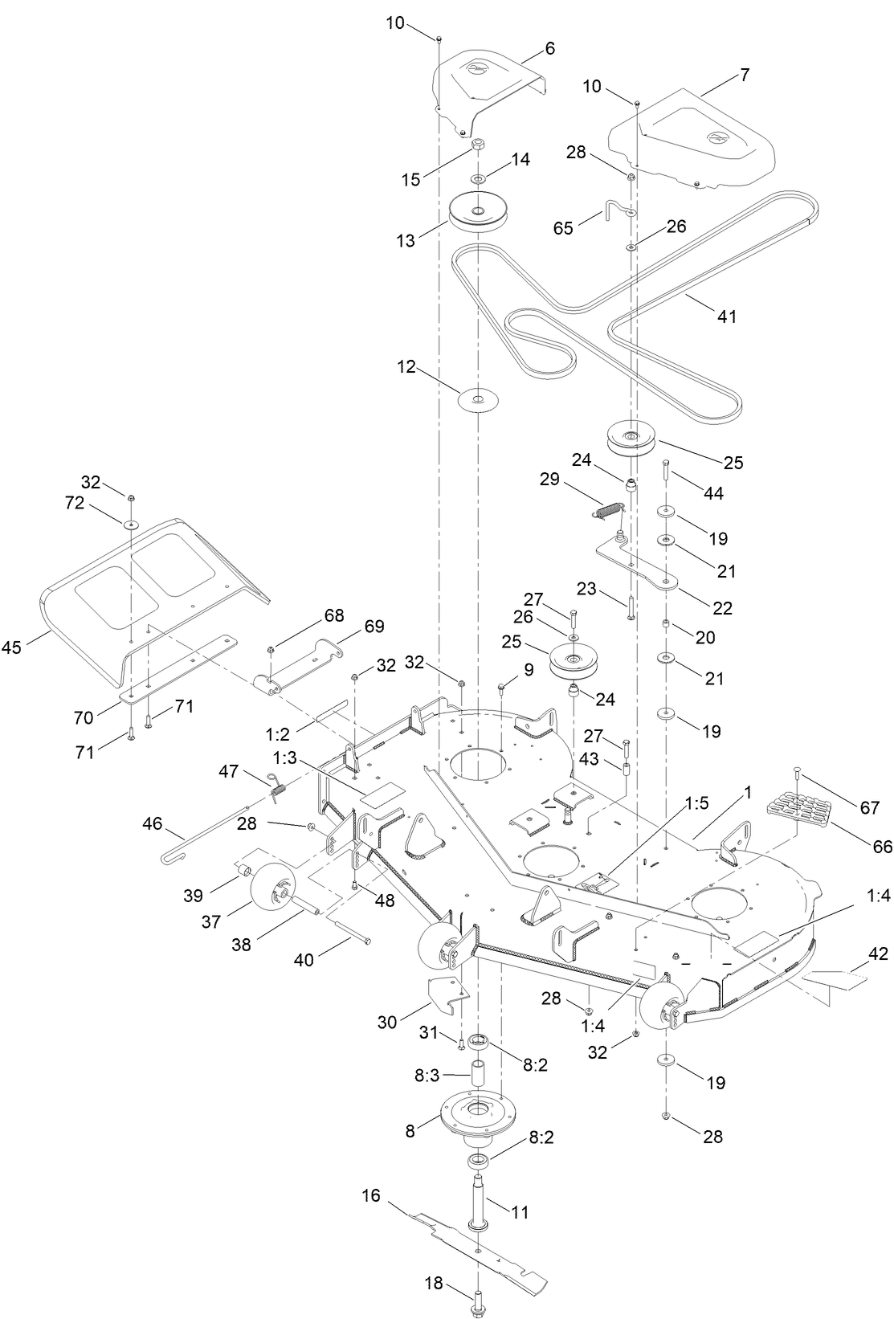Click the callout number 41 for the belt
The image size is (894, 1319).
point(726,316)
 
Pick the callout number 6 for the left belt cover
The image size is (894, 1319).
point(549,49)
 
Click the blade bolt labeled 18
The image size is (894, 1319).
point(479,1295)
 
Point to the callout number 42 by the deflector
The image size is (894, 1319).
point(879,954)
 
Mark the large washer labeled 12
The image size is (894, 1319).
point(478,398)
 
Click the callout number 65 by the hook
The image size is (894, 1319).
point(564,228)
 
